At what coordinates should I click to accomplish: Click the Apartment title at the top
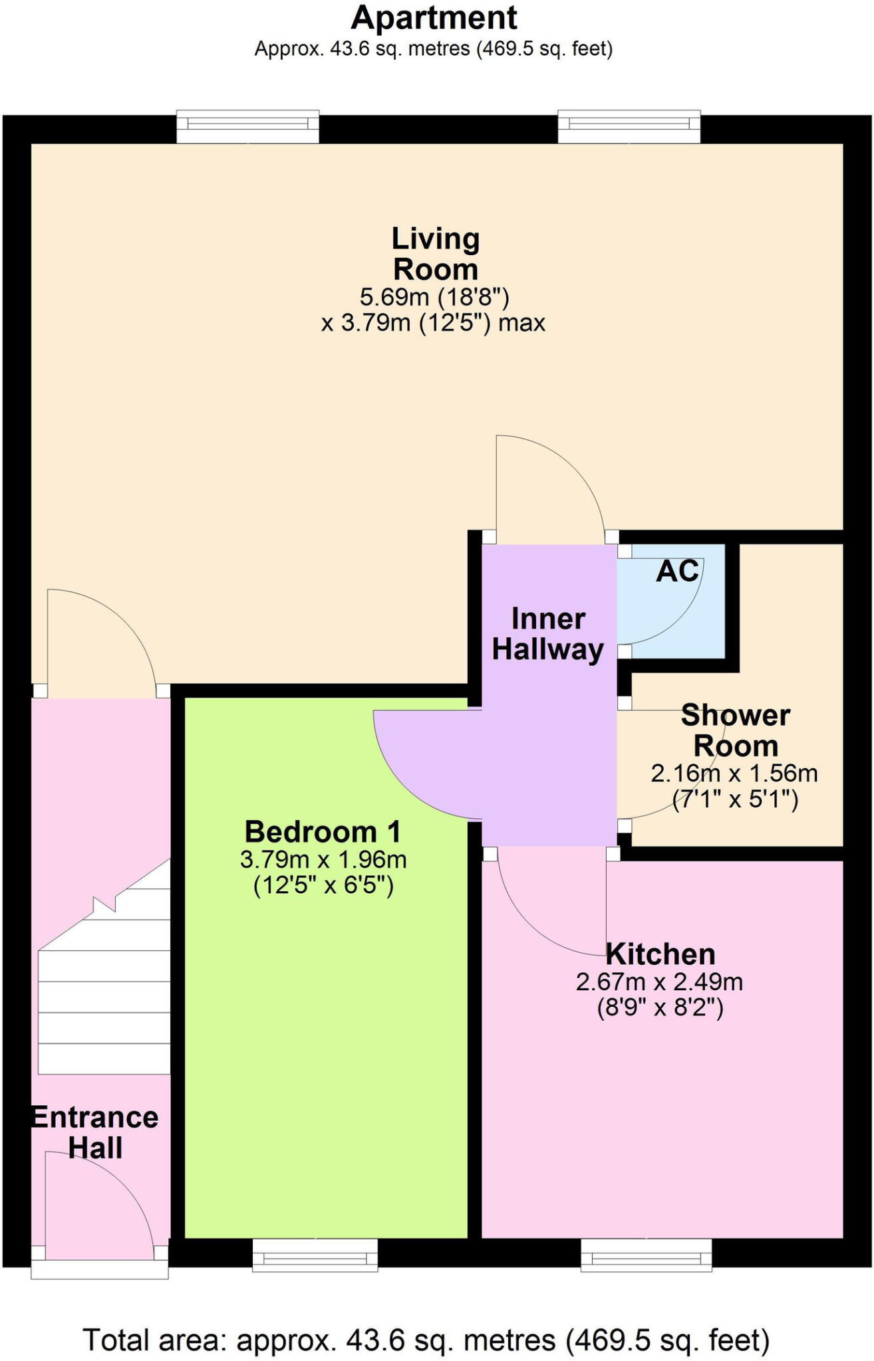point(434,18)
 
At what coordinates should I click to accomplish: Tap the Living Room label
point(436,254)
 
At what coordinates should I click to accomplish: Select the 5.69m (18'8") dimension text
point(434,296)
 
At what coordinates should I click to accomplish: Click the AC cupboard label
point(677,571)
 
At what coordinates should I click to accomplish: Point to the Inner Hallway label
point(547,634)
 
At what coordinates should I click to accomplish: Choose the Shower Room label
point(736,730)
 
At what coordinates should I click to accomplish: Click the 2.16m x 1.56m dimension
point(734,774)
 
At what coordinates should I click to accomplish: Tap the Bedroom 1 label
point(323,831)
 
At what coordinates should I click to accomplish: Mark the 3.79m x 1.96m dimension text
point(323,860)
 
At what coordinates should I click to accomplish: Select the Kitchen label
point(660,954)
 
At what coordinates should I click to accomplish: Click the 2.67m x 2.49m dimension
point(659,982)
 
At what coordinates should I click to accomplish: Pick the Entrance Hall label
point(96,1132)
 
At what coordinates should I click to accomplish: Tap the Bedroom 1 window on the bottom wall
point(315,1255)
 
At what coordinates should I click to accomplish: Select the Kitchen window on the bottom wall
point(646,1255)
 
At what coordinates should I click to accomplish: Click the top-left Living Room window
point(247,126)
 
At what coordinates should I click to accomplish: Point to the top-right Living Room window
point(629,126)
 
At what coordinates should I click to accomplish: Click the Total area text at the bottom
point(426,1340)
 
